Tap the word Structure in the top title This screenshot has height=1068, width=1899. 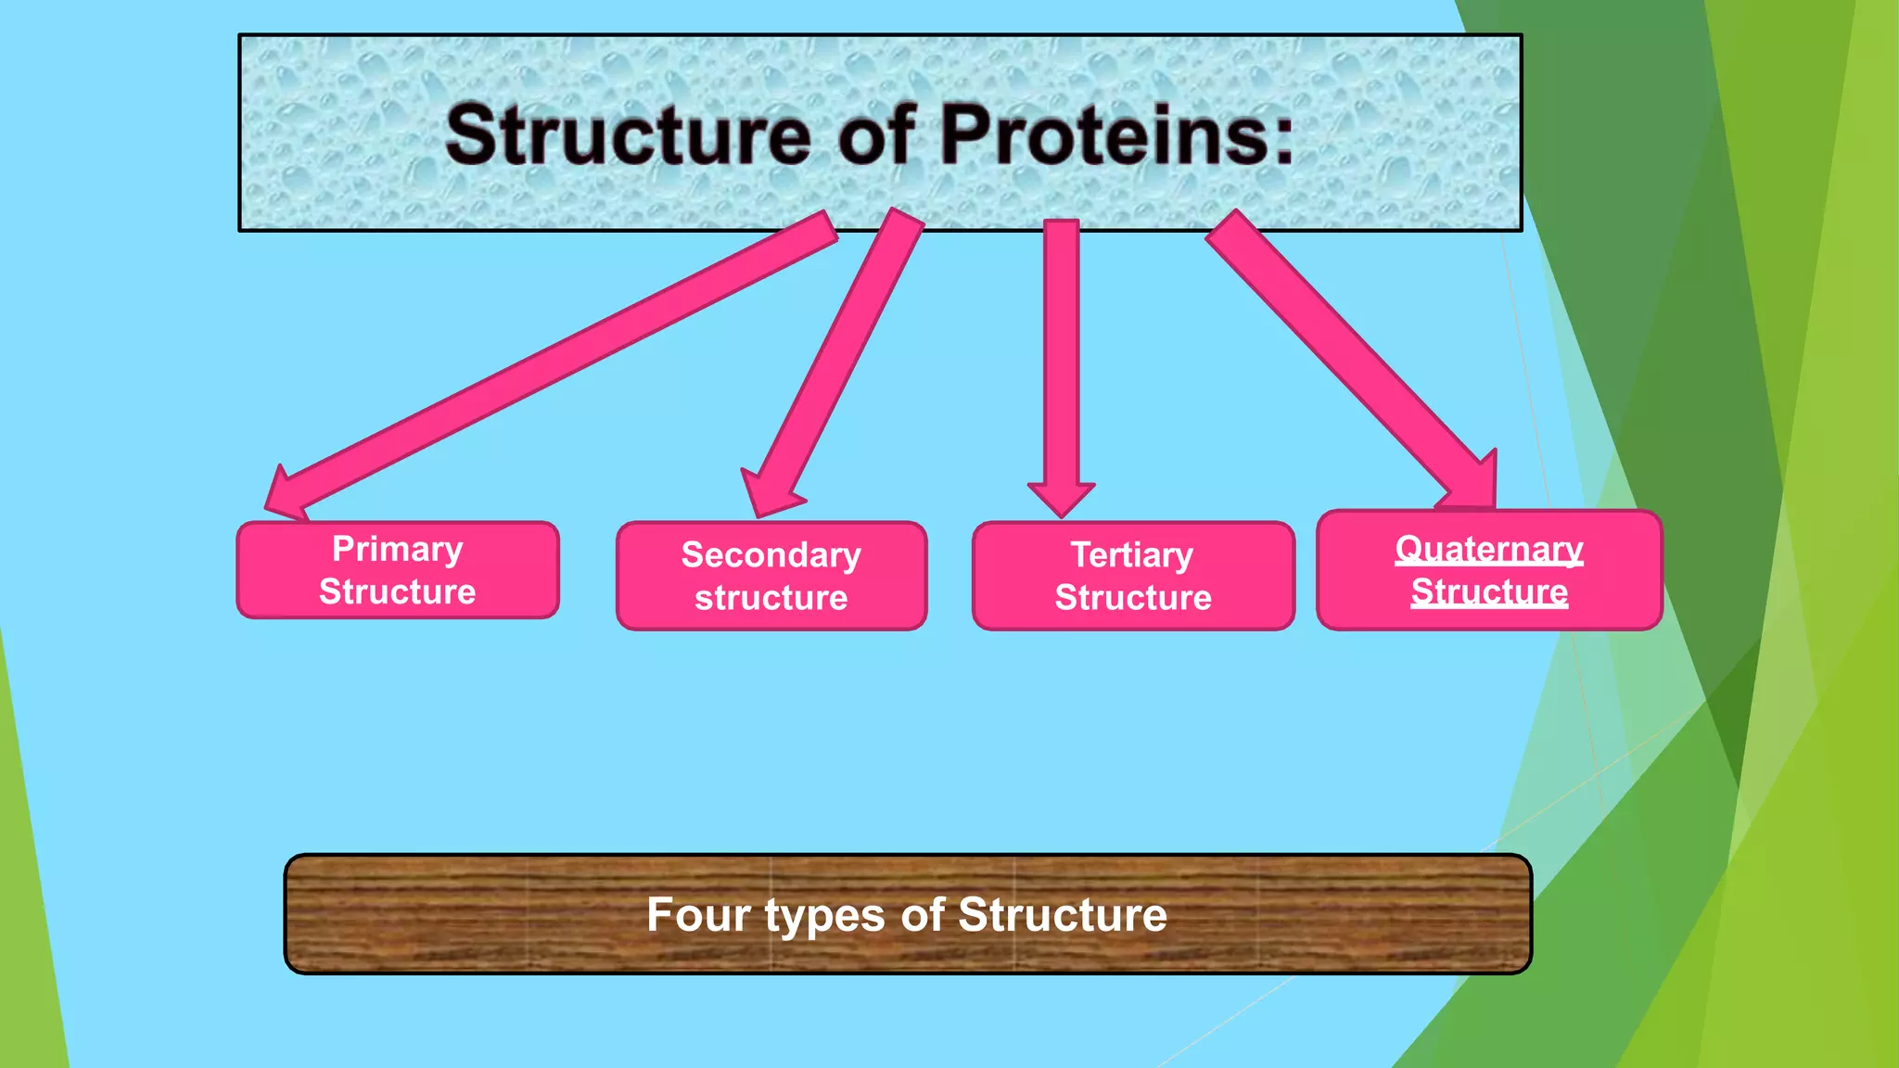click(628, 136)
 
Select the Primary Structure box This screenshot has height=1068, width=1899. click(398, 570)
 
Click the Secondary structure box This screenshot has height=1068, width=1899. click(771, 576)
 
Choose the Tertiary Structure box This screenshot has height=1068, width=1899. click(1133, 576)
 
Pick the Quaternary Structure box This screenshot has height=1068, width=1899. click(1489, 570)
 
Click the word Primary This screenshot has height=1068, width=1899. click(398, 549)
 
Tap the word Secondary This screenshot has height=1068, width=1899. click(771, 554)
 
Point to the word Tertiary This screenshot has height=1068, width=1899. click(1132, 554)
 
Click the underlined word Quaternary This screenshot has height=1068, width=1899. click(1489, 549)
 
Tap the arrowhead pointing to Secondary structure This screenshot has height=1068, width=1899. click(770, 493)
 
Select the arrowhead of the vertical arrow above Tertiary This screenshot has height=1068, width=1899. click(1062, 498)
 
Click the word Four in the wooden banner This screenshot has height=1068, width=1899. click(697, 915)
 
